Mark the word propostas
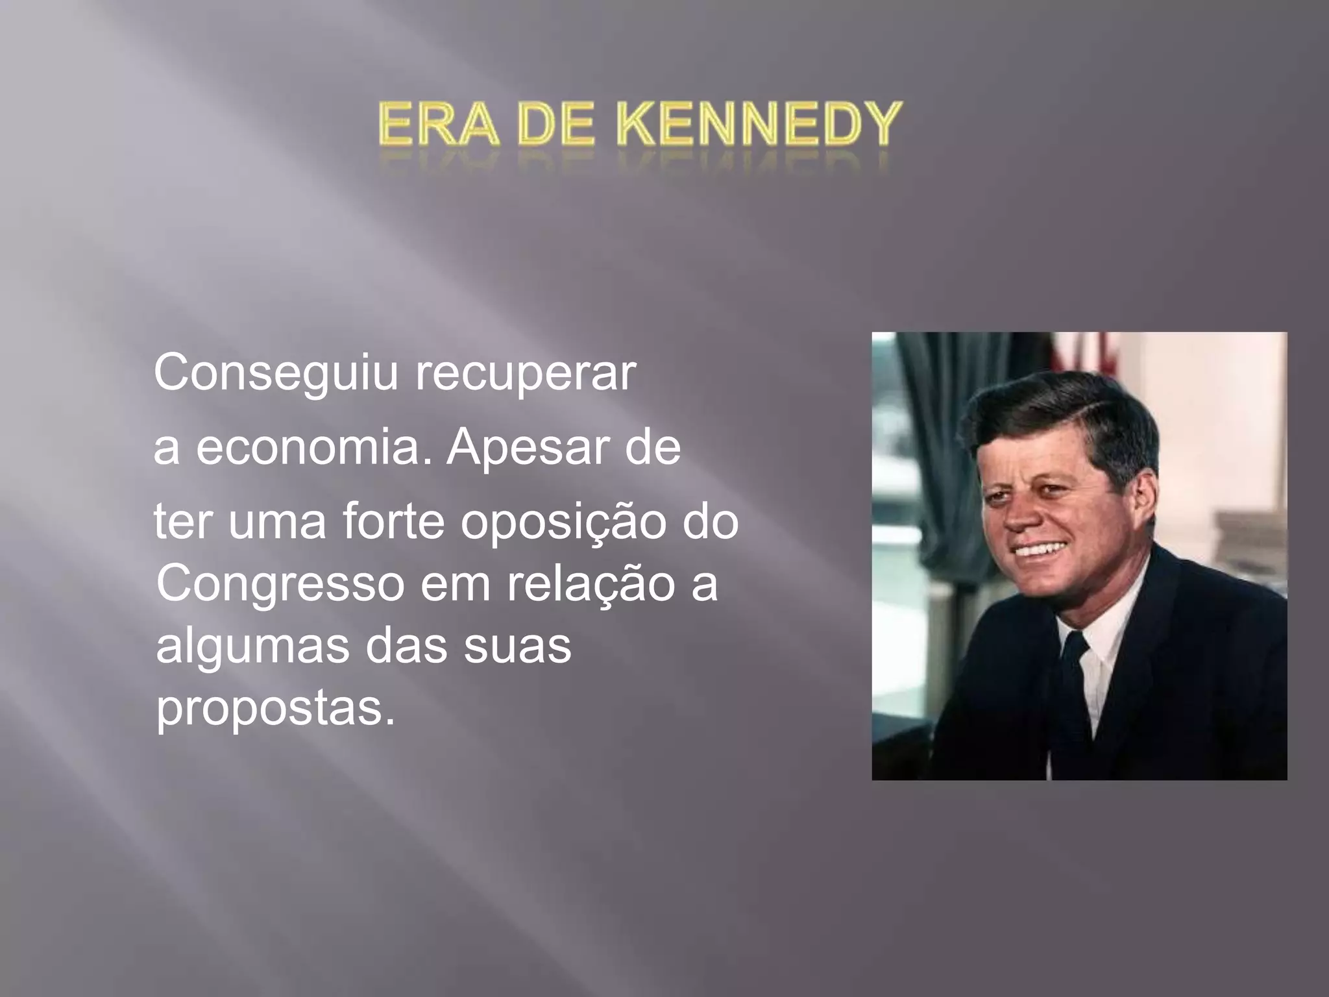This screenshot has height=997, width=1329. [275, 710]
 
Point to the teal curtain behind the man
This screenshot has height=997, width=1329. [921, 415]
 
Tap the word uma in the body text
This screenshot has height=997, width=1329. [277, 523]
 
